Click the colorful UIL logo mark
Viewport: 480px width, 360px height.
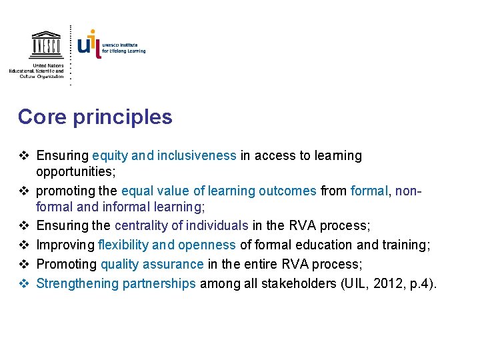[x=89, y=43]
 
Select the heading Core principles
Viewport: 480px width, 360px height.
[x=95, y=117]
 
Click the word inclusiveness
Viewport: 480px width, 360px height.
[x=195, y=156]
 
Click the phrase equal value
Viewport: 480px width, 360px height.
[x=155, y=191]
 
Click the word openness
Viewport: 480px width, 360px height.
[x=208, y=244]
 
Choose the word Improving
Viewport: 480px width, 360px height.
[x=65, y=244]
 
